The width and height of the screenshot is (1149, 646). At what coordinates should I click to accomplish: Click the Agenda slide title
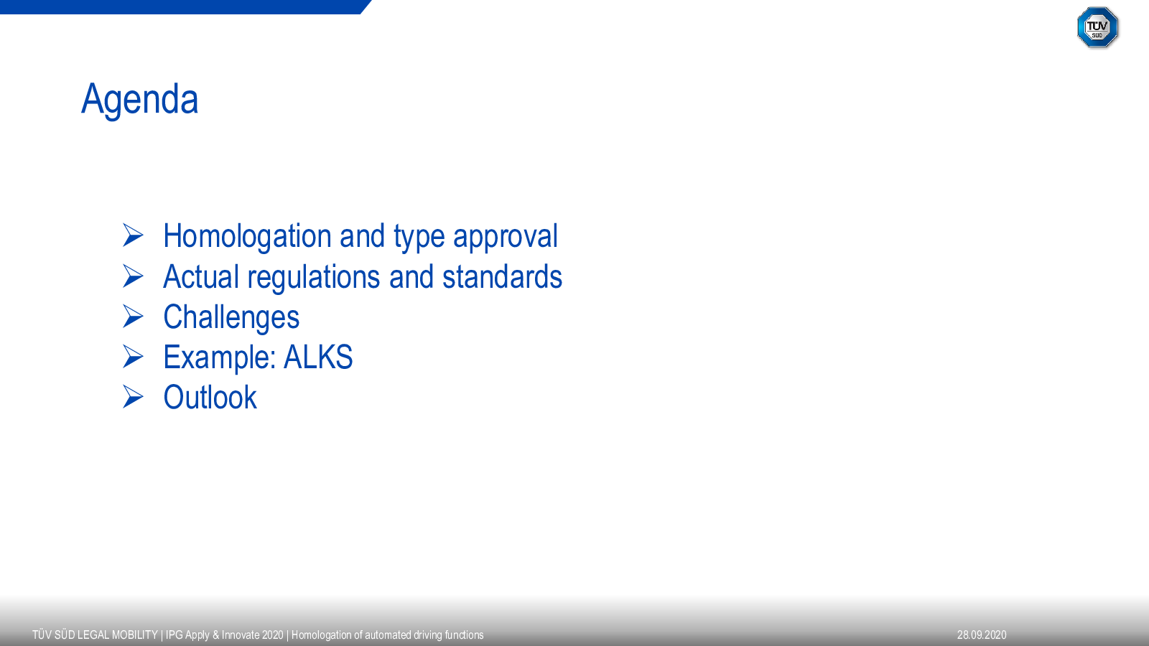139,100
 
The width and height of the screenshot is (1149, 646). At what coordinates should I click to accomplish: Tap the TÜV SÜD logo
1097,27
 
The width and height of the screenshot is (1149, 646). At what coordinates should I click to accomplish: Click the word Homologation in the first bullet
247,237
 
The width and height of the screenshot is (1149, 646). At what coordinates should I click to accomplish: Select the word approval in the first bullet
506,237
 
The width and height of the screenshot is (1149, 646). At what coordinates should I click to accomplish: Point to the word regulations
314,277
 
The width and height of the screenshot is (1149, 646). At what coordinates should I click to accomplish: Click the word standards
502,277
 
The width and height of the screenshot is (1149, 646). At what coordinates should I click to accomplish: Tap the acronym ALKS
318,357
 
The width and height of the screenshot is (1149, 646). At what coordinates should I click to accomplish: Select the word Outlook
210,398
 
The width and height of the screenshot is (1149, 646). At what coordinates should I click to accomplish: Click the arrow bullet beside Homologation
133,235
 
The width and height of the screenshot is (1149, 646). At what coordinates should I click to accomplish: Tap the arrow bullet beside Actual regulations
133,276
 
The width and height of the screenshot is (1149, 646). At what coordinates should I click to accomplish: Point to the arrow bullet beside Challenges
133,316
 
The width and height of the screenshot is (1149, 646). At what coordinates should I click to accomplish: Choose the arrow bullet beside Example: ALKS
133,356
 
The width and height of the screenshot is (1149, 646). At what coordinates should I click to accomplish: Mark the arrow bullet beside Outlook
133,397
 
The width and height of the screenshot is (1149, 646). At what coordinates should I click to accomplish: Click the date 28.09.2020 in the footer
982,635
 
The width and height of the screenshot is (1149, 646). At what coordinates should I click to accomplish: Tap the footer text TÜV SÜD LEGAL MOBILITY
95,635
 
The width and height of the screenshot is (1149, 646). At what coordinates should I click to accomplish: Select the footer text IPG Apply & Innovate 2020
224,635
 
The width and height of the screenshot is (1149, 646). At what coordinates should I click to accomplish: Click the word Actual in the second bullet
201,277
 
